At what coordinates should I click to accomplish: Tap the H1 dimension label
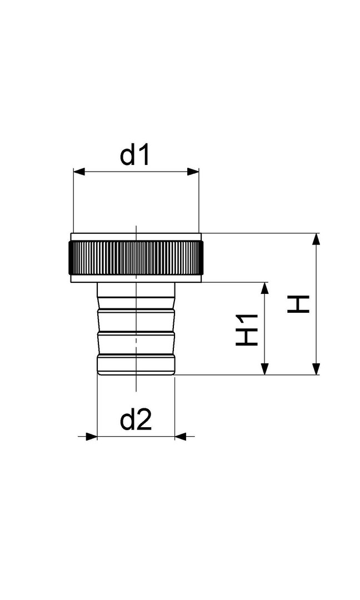click(x=247, y=330)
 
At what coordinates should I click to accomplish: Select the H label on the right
click(x=298, y=304)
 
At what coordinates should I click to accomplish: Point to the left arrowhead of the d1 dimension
click(x=78, y=171)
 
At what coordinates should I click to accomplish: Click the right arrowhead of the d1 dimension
click(x=193, y=171)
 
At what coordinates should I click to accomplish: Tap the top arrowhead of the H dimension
click(x=316, y=239)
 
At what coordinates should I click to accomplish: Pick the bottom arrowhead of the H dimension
click(x=316, y=368)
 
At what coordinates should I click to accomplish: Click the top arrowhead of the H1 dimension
click(x=264, y=288)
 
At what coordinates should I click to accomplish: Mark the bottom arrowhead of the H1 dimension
click(x=264, y=368)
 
